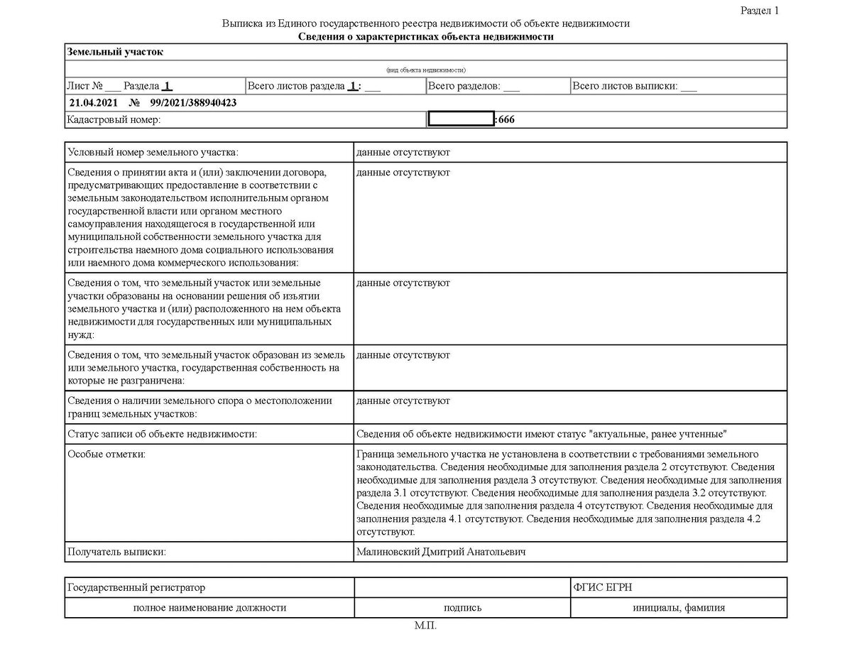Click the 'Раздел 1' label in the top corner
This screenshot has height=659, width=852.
(x=760, y=11)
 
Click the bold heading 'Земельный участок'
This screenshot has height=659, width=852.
(x=115, y=53)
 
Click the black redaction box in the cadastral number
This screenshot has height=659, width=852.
(x=461, y=120)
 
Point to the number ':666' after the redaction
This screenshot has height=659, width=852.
(x=506, y=120)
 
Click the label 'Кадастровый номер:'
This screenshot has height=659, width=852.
(x=114, y=120)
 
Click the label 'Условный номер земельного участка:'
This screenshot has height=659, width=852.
(x=153, y=153)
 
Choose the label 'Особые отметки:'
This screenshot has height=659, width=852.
(x=106, y=454)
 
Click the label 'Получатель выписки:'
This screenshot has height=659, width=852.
(x=116, y=552)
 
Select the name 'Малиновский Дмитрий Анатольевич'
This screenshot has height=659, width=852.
(x=441, y=552)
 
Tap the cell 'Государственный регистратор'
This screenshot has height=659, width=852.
(x=136, y=588)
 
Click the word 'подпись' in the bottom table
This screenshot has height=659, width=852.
(x=462, y=608)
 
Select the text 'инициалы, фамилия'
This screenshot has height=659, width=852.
(x=679, y=608)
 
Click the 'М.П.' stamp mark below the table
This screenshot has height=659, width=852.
(x=426, y=626)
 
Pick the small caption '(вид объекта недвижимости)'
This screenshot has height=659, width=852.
(x=426, y=70)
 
